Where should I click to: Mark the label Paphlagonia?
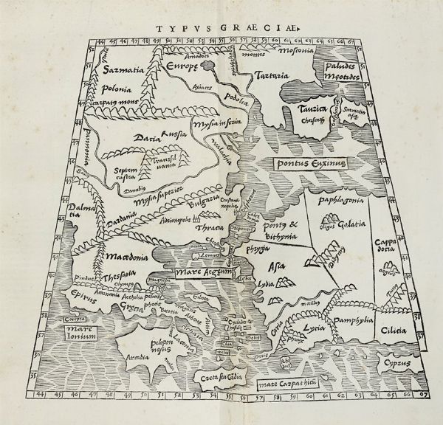pyautogui.click(x=337, y=199)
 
